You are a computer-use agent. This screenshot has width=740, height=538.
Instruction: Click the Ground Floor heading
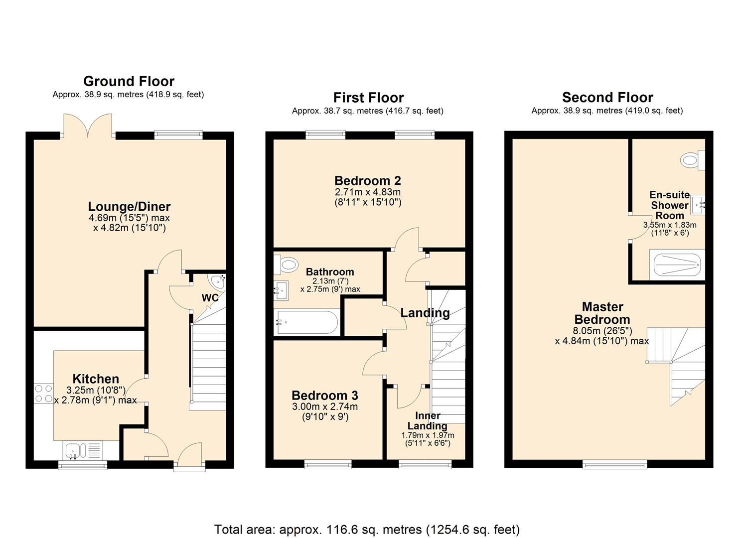pyautogui.click(x=129, y=81)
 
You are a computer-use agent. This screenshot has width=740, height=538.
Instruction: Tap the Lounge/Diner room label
pyautogui.click(x=129, y=206)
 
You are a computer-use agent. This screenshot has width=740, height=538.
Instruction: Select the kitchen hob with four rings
pyautogui.click(x=44, y=394)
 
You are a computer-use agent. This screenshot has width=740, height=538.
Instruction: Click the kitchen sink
pyautogui.click(x=83, y=450)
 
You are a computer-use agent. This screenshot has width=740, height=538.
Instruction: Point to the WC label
pyautogui.click(x=210, y=297)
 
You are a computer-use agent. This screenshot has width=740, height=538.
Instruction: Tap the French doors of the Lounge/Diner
pyautogui.click(x=88, y=126)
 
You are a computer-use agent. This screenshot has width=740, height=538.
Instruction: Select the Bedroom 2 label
pyautogui.click(x=368, y=181)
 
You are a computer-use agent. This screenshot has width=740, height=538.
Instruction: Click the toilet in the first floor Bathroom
pyautogui.click(x=286, y=264)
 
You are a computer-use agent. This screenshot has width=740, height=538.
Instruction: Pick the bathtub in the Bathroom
pyautogui.click(x=306, y=322)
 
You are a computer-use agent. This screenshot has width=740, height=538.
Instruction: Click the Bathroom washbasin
pyautogui.click(x=281, y=290)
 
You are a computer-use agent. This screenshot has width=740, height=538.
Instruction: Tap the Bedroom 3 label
pyautogui.click(x=325, y=396)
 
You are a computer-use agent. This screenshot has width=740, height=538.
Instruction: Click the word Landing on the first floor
pyautogui.click(x=425, y=313)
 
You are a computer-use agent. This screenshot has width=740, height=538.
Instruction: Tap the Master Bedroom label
pyautogui.click(x=602, y=313)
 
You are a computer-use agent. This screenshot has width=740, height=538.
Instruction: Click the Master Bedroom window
pyautogui.click(x=614, y=465)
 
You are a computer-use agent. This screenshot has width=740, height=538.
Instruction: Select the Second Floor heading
pyautogui.click(x=607, y=98)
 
